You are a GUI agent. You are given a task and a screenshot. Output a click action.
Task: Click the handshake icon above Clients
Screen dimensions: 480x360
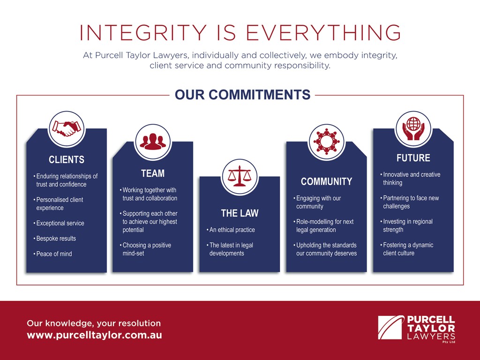click(x=67, y=129)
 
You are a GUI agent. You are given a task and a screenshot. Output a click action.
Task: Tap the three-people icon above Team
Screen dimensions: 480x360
click(x=153, y=142)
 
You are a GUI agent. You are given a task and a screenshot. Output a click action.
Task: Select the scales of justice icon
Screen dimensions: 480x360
click(x=240, y=177)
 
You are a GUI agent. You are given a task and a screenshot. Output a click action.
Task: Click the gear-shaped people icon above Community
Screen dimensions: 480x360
click(x=326, y=142)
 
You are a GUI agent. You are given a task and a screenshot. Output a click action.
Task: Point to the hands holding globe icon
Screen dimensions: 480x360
click(x=413, y=128)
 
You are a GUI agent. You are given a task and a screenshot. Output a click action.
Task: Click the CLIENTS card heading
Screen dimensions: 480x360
click(x=67, y=159)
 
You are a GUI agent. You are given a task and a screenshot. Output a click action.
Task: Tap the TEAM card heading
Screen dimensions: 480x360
click(x=153, y=173)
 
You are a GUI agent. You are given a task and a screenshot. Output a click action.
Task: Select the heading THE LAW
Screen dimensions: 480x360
click(x=240, y=213)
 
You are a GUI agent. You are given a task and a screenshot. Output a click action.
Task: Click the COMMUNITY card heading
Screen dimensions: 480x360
click(x=326, y=181)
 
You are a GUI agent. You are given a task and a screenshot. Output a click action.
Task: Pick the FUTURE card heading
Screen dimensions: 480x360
click(x=413, y=158)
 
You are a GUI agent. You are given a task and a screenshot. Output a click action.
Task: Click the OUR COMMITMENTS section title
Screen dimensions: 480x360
click(x=242, y=95)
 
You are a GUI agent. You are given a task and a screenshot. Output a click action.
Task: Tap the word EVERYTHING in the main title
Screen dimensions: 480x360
click(x=323, y=32)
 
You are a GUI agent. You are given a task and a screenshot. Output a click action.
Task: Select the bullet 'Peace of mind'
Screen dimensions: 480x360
click(x=52, y=254)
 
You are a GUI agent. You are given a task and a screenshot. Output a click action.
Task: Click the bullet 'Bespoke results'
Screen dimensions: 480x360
click(x=54, y=239)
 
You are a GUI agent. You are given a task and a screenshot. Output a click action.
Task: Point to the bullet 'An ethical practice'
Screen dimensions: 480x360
click(x=231, y=230)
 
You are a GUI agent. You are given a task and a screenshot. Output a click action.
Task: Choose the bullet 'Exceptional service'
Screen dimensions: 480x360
click(x=59, y=223)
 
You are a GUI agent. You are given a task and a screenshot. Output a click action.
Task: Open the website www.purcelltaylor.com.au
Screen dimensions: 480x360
click(x=94, y=335)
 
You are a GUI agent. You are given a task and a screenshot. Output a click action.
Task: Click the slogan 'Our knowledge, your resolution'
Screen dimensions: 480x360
click(x=94, y=323)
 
